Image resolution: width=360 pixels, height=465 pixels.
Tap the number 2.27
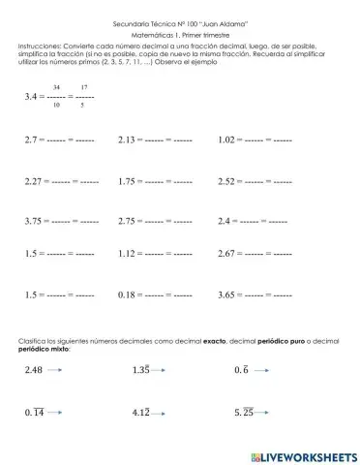(x=35, y=180)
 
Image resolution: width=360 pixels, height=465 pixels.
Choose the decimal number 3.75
(x=35, y=221)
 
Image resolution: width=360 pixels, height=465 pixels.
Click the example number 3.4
(x=31, y=97)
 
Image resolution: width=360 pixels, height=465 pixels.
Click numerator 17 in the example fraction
(x=83, y=87)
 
